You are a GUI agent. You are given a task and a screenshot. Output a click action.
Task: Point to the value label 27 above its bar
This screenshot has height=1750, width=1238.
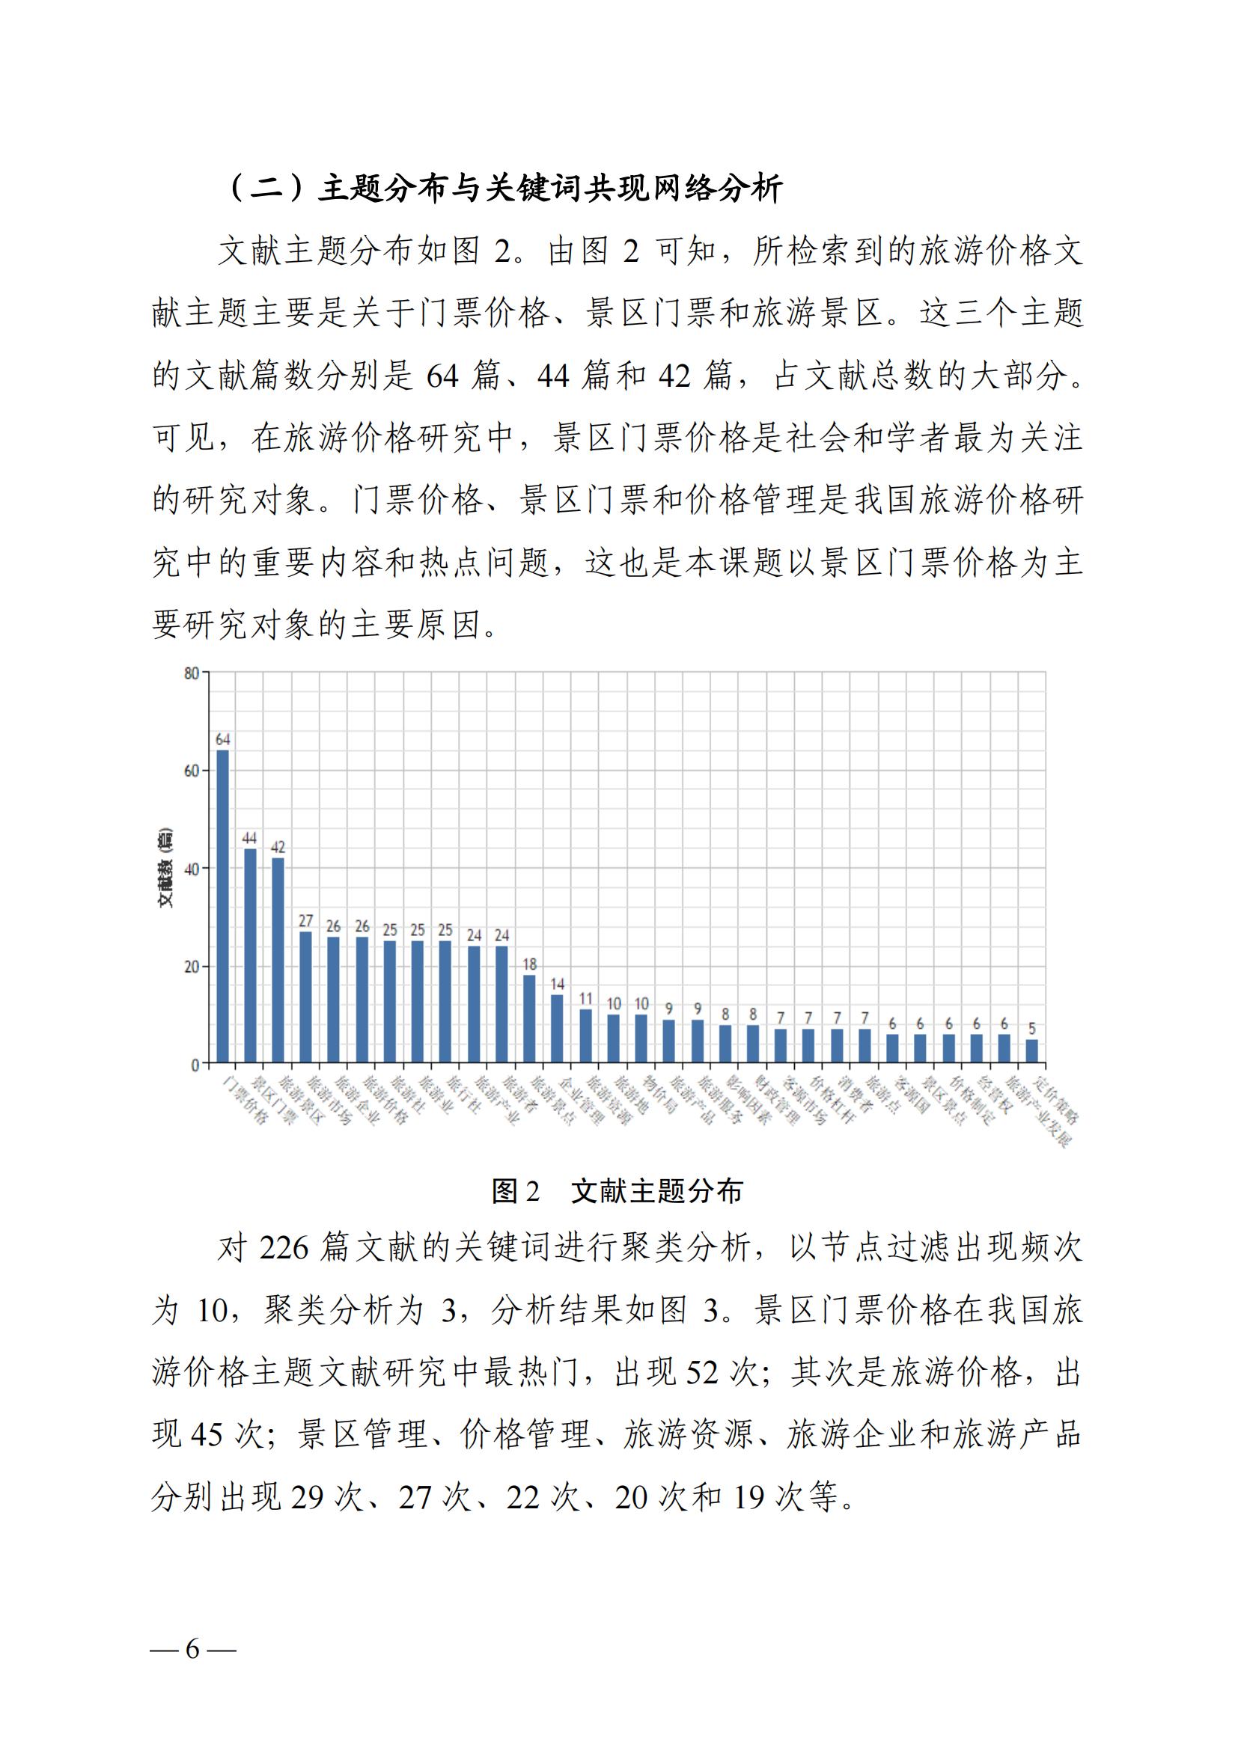(x=305, y=921)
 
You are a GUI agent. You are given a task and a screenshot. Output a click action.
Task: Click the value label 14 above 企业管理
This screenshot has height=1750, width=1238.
(x=558, y=984)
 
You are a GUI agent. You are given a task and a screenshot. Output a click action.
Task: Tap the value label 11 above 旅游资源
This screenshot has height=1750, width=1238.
(x=585, y=999)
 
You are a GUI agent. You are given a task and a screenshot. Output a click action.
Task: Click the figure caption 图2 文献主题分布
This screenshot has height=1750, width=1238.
(x=618, y=1190)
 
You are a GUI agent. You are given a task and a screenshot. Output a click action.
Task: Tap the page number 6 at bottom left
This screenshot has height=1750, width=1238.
(x=193, y=1649)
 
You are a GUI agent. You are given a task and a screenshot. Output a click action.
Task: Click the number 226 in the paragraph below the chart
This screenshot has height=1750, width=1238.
(x=283, y=1248)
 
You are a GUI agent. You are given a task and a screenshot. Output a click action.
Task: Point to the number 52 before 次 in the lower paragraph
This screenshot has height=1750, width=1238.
(x=702, y=1373)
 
